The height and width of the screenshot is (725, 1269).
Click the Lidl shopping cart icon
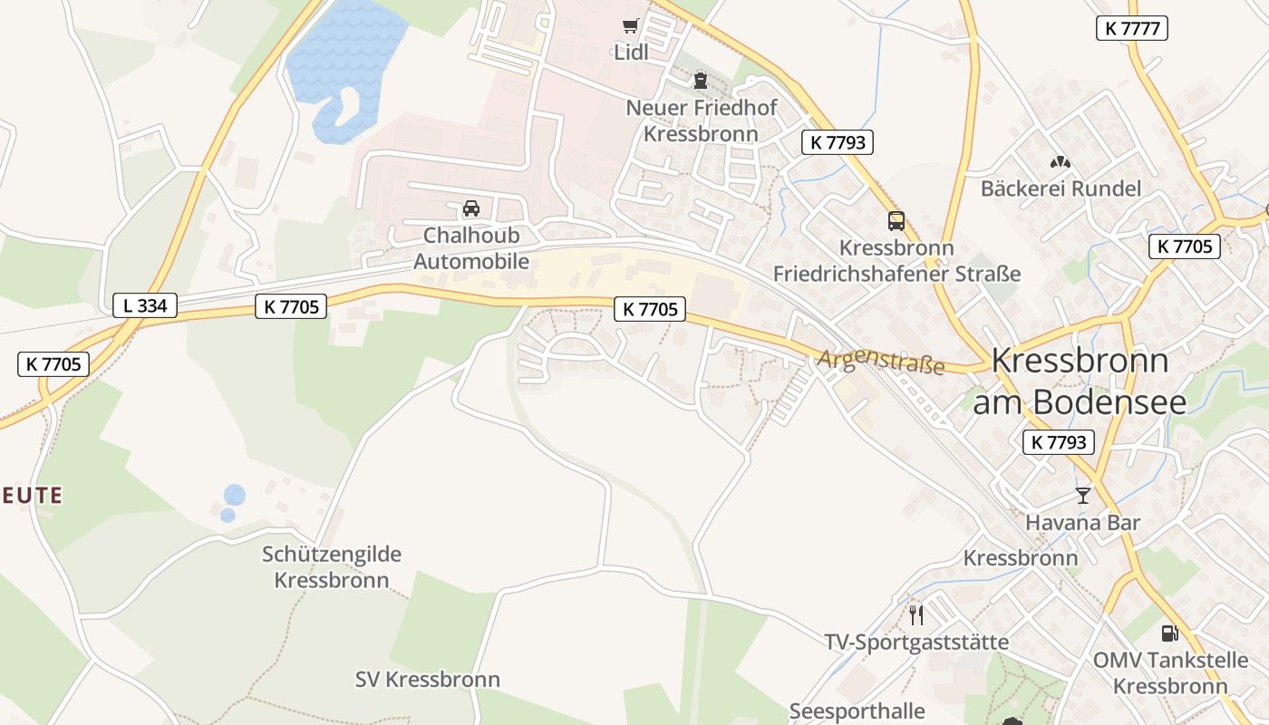coord(631,25)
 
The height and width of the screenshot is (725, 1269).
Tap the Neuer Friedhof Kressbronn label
coord(701,121)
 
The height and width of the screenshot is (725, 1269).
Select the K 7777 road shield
coord(1131,28)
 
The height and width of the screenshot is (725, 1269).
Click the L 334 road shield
coord(145,305)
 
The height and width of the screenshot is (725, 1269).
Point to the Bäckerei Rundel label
coord(1061,188)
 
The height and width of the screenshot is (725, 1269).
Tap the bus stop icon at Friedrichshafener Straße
coord(896,221)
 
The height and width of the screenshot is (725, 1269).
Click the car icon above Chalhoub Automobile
coord(471,208)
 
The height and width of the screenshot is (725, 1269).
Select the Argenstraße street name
coord(880,362)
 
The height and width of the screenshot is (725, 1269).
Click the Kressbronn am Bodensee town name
coord(1079,381)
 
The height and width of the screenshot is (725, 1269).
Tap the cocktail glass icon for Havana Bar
coord(1082,495)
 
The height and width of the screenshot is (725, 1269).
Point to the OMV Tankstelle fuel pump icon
coord(1169,633)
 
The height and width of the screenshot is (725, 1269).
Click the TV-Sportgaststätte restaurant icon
coord(916,615)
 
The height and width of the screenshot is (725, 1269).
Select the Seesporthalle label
coord(857,711)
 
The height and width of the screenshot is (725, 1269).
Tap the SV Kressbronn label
coord(427,679)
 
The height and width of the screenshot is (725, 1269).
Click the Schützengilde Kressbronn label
coord(332,566)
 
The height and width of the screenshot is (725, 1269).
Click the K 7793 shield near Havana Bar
coord(1059,442)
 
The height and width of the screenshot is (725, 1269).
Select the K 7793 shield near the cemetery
coord(838,142)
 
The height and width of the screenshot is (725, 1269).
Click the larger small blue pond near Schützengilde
coord(234,495)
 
